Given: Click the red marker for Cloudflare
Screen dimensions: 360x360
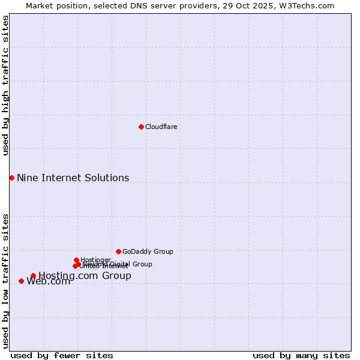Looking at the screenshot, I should pyautogui.click(x=141, y=127).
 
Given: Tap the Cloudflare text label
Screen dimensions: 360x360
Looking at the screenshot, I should pyautogui.click(x=161, y=127).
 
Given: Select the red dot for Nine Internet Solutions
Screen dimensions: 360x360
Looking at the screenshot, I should pyautogui.click(x=11, y=178).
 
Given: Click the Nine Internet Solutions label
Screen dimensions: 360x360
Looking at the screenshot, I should pyautogui.click(x=73, y=178).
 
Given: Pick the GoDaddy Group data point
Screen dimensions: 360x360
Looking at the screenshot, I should pyautogui.click(x=118, y=251).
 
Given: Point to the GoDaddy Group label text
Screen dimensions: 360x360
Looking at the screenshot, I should pyautogui.click(x=148, y=251).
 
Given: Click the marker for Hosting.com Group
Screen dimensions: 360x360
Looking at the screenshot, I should pyautogui.click(x=33, y=276).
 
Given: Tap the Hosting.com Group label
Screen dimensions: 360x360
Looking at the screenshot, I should pyautogui.click(x=85, y=276).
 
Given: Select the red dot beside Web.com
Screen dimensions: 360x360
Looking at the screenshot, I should pyautogui.click(x=21, y=281).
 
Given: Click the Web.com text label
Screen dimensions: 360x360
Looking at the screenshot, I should pyautogui.click(x=48, y=281).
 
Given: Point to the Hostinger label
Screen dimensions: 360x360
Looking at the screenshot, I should pyautogui.click(x=95, y=260).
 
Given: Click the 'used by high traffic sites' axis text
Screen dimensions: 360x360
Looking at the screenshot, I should pyautogui.click(x=5, y=85).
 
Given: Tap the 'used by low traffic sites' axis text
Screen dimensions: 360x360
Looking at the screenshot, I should pyautogui.click(x=5, y=280).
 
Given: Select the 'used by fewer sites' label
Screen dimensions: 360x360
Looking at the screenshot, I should pyautogui.click(x=62, y=355).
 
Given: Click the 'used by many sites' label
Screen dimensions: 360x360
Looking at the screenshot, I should pyautogui.click(x=301, y=355).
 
